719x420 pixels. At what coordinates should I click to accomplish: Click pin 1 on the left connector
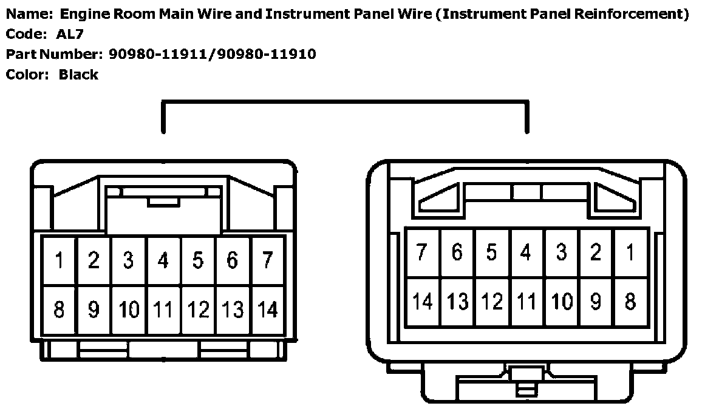point(59,262)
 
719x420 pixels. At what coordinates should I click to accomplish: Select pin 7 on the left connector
point(267,262)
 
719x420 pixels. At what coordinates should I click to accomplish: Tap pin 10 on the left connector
point(129,310)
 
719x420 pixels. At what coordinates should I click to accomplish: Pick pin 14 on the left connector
point(267,310)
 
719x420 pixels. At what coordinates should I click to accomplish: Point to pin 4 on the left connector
point(163,262)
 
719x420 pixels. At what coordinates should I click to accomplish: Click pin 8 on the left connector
point(59,310)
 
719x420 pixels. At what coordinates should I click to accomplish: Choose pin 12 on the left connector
point(198,310)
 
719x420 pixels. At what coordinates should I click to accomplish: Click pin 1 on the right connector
point(630,252)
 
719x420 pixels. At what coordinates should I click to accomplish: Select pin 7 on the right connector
point(422,252)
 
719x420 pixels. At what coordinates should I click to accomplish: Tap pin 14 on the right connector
point(422,301)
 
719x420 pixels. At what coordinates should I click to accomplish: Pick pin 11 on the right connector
point(526,301)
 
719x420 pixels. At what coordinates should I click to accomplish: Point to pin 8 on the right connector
point(630,301)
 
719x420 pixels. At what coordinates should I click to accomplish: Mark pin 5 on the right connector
point(491,252)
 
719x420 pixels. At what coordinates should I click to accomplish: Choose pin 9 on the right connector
point(596,301)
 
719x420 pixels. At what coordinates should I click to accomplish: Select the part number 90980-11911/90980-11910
point(213,55)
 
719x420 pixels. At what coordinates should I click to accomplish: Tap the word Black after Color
point(78,75)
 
